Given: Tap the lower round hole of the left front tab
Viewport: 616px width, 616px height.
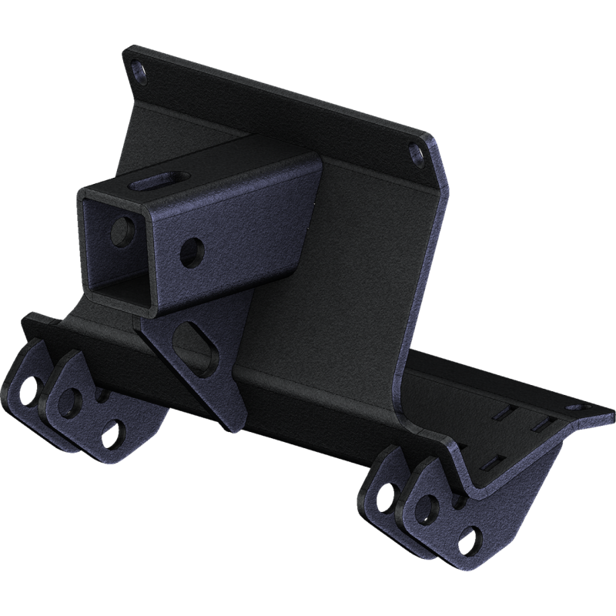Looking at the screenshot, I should pos(113,427).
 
